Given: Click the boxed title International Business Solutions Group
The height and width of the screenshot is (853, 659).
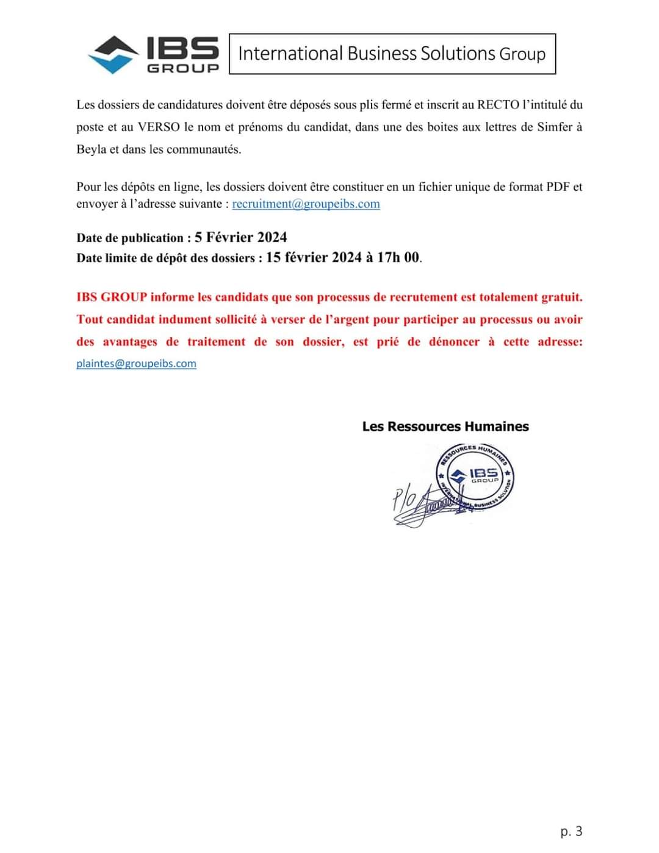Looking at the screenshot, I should click(x=392, y=54).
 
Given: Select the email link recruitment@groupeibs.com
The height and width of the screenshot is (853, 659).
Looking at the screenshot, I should click(x=306, y=204).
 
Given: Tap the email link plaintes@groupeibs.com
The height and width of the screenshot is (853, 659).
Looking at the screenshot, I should click(x=136, y=364).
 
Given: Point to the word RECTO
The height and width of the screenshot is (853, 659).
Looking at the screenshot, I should click(x=498, y=105).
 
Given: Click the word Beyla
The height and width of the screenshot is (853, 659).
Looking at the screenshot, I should click(x=92, y=149).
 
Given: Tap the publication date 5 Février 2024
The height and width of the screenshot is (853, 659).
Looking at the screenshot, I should click(x=241, y=237).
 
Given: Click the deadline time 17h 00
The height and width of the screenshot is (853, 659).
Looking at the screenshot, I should click(x=398, y=257).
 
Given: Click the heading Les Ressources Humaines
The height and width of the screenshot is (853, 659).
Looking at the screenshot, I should click(x=445, y=426).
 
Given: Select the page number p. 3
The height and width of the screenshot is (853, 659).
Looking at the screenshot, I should click(x=571, y=831).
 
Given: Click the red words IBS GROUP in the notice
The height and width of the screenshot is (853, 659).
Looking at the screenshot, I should click(x=112, y=297).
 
